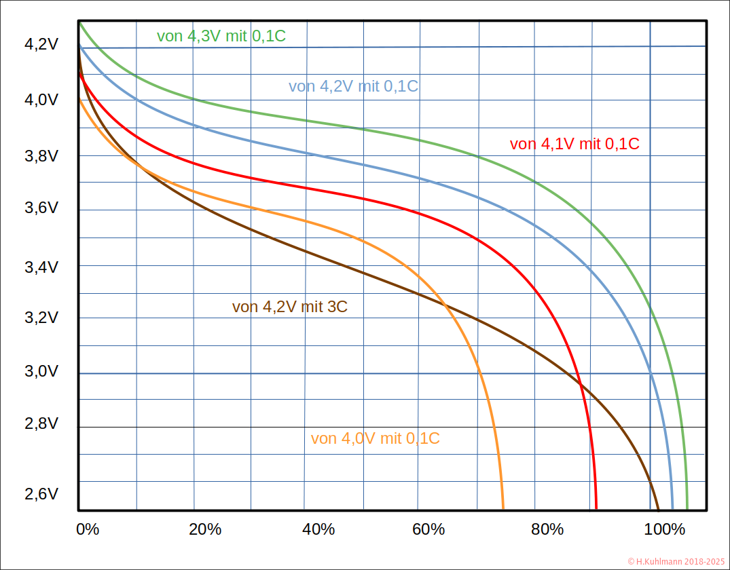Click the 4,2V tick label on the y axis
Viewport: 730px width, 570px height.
click(41, 45)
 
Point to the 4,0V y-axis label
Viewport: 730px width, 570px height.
click(41, 100)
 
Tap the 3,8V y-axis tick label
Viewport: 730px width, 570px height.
click(41, 155)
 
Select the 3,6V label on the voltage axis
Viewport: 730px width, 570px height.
click(41, 209)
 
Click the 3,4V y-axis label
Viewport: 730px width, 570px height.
click(41, 267)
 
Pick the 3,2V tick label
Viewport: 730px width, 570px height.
click(41, 318)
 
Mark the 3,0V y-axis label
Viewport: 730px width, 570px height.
click(41, 372)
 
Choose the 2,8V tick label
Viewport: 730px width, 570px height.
click(41, 424)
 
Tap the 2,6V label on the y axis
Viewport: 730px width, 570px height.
click(41, 494)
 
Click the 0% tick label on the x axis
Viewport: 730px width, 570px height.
click(87, 529)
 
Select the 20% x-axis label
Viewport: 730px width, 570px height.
click(204, 529)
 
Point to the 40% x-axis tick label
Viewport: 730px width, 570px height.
click(318, 529)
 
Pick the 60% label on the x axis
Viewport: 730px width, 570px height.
click(428, 529)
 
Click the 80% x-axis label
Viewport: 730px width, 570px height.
click(547, 529)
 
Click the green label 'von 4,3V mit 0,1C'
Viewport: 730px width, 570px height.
click(221, 36)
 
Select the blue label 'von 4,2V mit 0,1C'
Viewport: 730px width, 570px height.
click(353, 86)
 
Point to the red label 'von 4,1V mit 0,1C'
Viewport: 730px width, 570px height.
click(574, 144)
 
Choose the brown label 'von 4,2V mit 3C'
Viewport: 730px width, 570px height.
click(290, 307)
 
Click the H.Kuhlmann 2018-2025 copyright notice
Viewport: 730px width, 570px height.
click(676, 561)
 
